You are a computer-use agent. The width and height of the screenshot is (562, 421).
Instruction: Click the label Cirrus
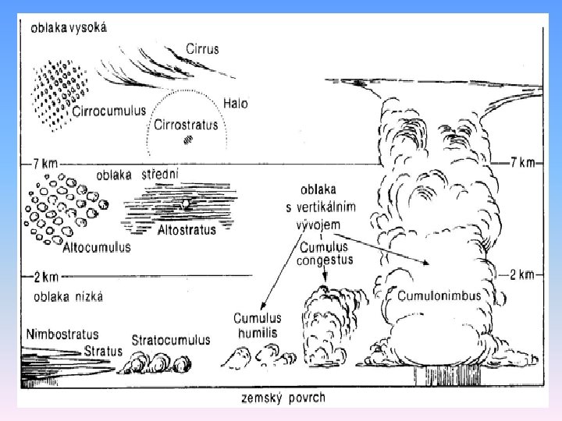coord(202,49)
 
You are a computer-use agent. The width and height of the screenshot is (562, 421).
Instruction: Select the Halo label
coord(235,104)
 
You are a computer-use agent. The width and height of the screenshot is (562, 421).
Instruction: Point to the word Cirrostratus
coord(187,124)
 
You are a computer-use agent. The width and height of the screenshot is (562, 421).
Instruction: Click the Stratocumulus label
coord(171,340)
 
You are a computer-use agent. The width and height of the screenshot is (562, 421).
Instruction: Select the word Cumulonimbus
coord(439,296)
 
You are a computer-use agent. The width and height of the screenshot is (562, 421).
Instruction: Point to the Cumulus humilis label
coord(258,325)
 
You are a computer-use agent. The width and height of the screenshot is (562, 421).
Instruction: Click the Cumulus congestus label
coord(325,254)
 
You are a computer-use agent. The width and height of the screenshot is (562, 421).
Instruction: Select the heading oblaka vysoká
coord(69,27)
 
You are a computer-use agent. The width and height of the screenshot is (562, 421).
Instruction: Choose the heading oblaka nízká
coord(69,296)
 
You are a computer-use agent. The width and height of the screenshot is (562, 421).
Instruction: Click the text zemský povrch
coord(283,398)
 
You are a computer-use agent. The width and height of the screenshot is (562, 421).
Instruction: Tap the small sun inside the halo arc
coord(187,140)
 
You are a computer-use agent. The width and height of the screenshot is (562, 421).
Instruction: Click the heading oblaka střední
coord(137,175)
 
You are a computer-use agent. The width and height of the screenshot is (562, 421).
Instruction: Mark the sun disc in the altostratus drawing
coord(186,204)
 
